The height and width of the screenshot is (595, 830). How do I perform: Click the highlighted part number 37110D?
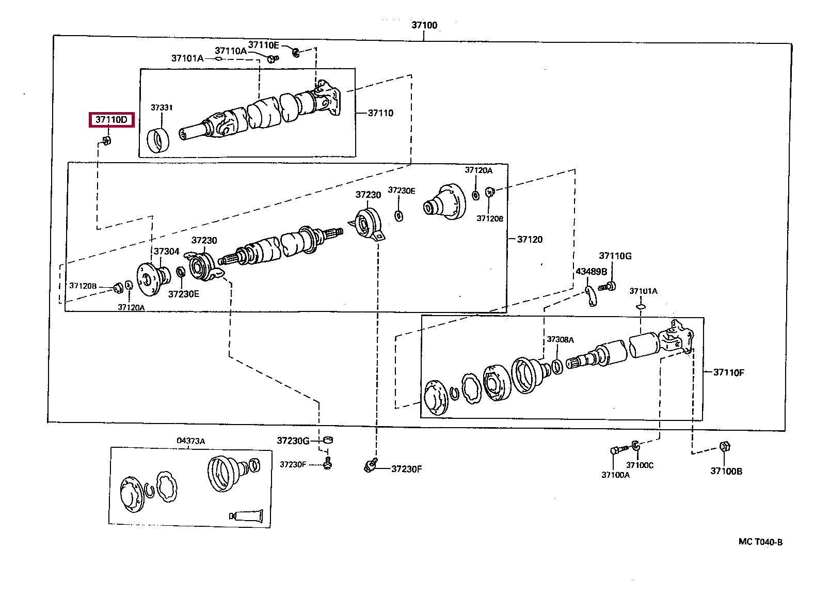(x=111, y=120)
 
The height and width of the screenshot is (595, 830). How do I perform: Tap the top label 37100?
(x=424, y=25)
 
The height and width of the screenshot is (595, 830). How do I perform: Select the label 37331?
(x=162, y=107)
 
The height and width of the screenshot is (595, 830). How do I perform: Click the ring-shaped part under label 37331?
(x=157, y=141)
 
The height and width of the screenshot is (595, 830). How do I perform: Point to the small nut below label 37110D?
(x=107, y=140)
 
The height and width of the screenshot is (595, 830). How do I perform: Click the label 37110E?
(x=263, y=45)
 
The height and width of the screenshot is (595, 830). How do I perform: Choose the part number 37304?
(x=166, y=252)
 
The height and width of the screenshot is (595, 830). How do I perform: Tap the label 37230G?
(x=293, y=441)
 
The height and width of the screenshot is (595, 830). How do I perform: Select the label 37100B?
(x=726, y=471)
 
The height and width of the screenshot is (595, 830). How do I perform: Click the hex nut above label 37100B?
(x=724, y=446)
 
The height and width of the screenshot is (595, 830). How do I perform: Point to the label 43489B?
(x=591, y=272)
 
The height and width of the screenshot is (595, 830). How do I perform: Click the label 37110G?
(x=615, y=256)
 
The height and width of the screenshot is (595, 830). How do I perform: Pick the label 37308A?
(x=560, y=339)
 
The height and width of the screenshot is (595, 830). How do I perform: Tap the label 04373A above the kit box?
(x=190, y=441)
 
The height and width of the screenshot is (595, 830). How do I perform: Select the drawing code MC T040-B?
(x=760, y=542)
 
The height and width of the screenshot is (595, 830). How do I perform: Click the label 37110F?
(x=728, y=372)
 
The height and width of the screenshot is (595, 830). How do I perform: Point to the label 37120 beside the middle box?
(x=530, y=239)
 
